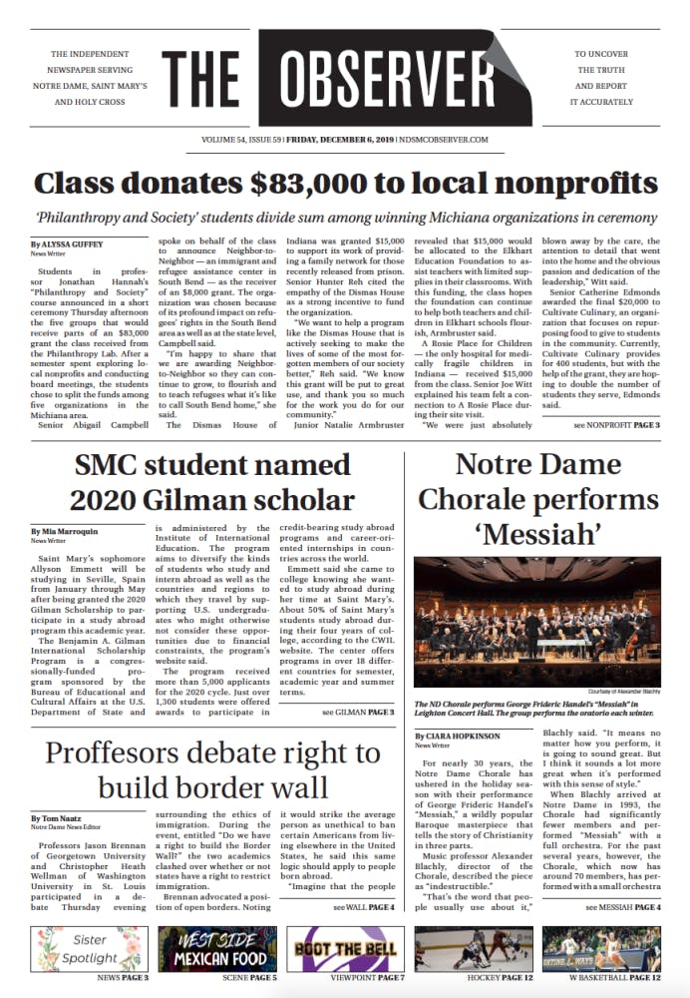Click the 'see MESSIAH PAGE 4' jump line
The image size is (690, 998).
point(622,907)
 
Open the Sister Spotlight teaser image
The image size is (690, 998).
point(89,949)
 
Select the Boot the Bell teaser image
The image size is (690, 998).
point(345,949)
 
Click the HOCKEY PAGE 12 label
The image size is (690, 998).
point(475,978)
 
